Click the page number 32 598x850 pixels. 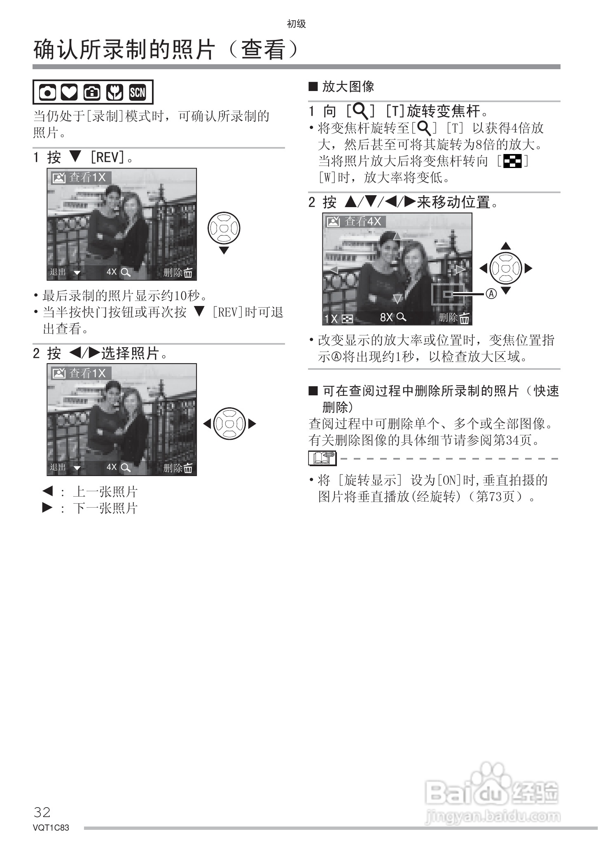coord(42,812)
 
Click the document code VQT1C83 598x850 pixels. coord(51,828)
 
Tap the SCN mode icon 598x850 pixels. coord(138,92)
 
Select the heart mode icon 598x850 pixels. coord(69,92)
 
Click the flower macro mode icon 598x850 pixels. coord(114,92)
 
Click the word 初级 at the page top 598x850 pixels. coord(296,24)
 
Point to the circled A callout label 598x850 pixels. coord(492,294)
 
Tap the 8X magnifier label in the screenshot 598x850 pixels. coord(393,317)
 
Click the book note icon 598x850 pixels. coord(322,458)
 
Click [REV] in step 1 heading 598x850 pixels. coord(107,157)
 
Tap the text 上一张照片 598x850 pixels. coord(105,492)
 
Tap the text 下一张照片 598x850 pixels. coord(105,508)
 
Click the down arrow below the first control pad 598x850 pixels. coord(224,250)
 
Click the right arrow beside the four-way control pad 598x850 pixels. coord(529,269)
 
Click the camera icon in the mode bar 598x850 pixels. coord(47,92)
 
